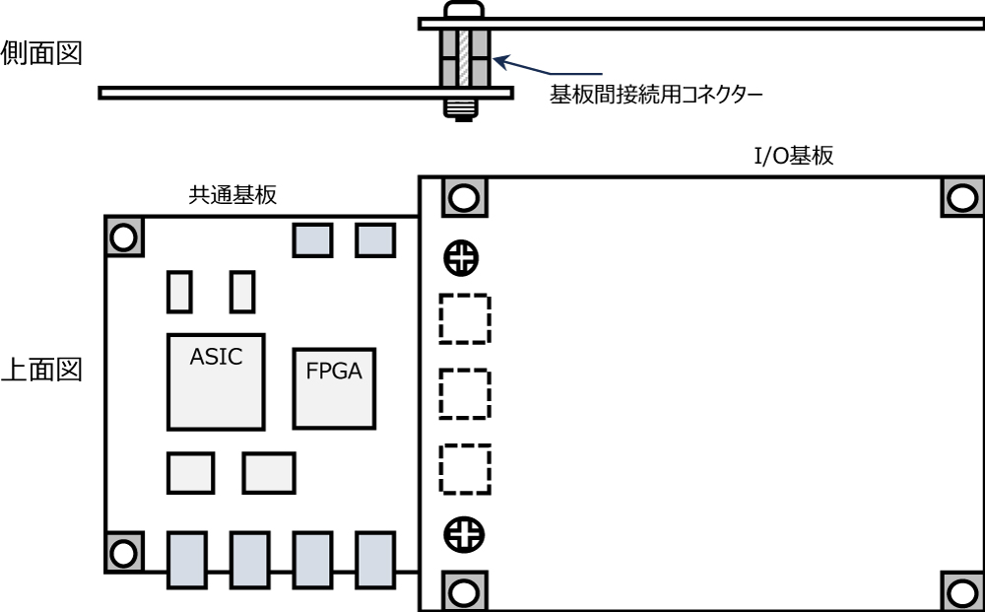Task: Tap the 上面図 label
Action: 41,372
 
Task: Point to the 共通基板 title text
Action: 232,195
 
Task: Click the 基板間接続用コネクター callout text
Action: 657,96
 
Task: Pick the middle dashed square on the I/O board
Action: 465,393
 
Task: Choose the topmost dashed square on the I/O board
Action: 465,319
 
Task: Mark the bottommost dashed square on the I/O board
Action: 465,469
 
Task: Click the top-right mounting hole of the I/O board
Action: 962,198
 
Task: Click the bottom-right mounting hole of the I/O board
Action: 962,591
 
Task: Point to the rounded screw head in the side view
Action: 464,9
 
